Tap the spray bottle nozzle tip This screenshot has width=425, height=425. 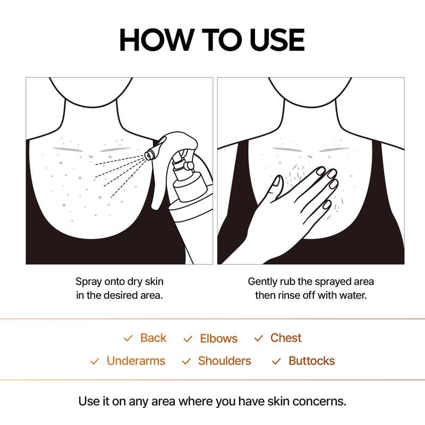tap(149, 154)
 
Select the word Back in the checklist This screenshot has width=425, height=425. tap(153, 338)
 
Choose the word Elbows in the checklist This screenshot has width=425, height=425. tap(218, 338)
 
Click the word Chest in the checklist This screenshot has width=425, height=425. tap(286, 338)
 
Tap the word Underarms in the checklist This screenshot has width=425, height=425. tap(136, 361)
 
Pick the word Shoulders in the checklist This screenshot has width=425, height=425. tap(224, 361)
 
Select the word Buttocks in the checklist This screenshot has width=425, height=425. tap(311, 361)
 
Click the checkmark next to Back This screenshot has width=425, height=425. tap(127, 338)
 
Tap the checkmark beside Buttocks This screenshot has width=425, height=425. tap(276, 361)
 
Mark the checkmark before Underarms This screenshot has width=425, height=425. tap(95, 361)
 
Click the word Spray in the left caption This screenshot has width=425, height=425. tap(88, 282)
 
